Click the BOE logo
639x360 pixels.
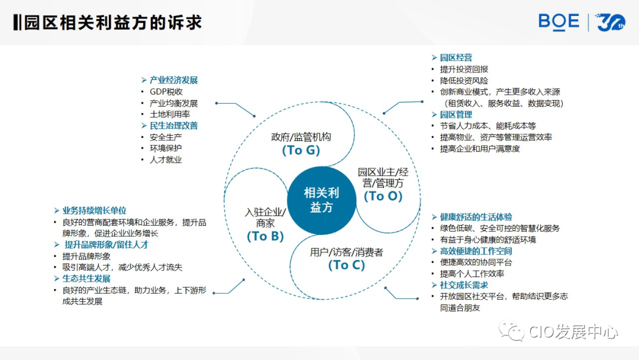[559, 22]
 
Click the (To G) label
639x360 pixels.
[301, 150]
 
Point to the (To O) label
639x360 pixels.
[383, 196]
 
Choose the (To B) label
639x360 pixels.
[265, 236]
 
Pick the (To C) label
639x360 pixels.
[346, 265]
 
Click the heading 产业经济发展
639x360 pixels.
[173, 80]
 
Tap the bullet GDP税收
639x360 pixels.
[166, 92]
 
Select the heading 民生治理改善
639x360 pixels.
[173, 126]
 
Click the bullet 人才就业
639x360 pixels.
[166, 160]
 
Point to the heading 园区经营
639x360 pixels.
[456, 57]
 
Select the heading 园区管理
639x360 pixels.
[456, 114]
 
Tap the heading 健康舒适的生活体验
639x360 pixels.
[476, 217]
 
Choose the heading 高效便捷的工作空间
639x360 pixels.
[476, 251]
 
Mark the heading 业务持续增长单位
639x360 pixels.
[94, 211]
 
